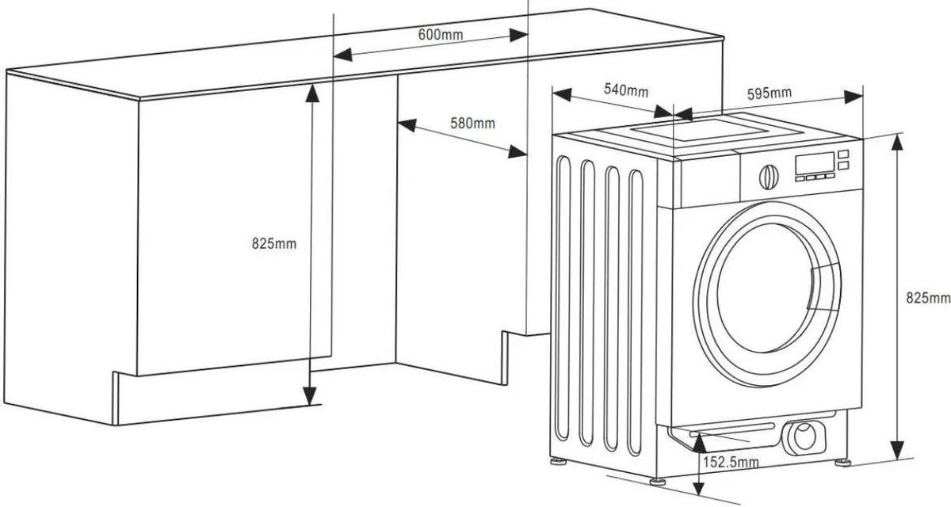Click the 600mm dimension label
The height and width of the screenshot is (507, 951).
(x=441, y=34)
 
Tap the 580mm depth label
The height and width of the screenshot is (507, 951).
(x=472, y=123)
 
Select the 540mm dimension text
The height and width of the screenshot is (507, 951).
(x=626, y=90)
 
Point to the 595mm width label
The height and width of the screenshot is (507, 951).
(x=770, y=93)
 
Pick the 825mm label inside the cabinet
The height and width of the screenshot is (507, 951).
(x=274, y=243)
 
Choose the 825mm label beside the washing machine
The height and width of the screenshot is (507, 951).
(x=928, y=298)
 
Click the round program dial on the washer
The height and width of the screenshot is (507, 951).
(x=769, y=177)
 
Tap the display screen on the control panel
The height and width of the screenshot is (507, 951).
(x=815, y=162)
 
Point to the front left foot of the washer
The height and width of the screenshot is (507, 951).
(x=658, y=481)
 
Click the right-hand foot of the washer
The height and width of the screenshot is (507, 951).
(x=842, y=462)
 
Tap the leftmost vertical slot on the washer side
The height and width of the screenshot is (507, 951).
(x=563, y=299)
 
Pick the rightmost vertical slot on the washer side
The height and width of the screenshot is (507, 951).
(x=636, y=313)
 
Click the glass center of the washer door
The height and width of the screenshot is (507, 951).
(x=764, y=288)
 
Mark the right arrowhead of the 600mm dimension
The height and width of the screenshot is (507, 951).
(x=518, y=36)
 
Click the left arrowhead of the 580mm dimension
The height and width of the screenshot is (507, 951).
(x=407, y=125)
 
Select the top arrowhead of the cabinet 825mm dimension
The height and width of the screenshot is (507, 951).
(x=312, y=93)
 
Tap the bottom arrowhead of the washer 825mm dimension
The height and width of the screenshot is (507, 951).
(x=896, y=450)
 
